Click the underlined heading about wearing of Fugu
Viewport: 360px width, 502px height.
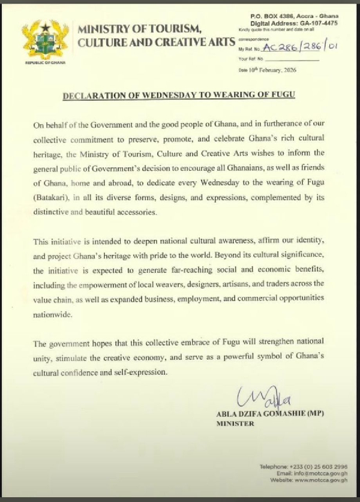click(x=179, y=95)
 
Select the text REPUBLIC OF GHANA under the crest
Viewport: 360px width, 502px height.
click(x=44, y=62)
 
